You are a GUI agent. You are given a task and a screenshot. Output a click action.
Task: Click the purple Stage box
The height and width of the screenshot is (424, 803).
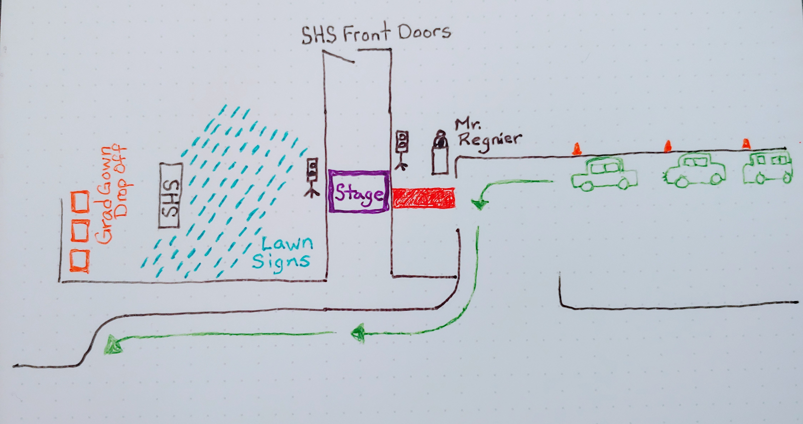358,191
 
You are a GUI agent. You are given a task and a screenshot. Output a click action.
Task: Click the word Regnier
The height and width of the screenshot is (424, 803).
489,140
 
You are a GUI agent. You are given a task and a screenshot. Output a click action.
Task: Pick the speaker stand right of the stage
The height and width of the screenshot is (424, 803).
401,149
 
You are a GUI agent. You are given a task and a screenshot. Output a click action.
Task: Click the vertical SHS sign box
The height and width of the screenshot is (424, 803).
170,195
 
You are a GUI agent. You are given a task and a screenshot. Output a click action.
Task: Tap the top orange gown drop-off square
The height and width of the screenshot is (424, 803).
80,202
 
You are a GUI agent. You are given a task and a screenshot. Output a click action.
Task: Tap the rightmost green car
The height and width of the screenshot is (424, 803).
767,168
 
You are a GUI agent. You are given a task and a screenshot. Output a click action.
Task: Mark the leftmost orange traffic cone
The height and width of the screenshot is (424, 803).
577,148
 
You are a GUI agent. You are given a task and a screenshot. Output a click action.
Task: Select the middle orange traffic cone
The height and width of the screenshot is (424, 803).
667,146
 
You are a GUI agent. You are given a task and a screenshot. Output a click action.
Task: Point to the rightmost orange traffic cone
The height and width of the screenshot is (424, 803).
746,144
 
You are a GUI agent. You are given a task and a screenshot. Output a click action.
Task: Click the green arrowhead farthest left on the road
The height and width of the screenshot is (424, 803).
112,345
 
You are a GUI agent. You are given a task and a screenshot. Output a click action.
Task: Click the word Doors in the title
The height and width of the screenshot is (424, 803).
424,32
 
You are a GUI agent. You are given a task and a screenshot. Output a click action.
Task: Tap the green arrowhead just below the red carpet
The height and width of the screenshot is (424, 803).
480,204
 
